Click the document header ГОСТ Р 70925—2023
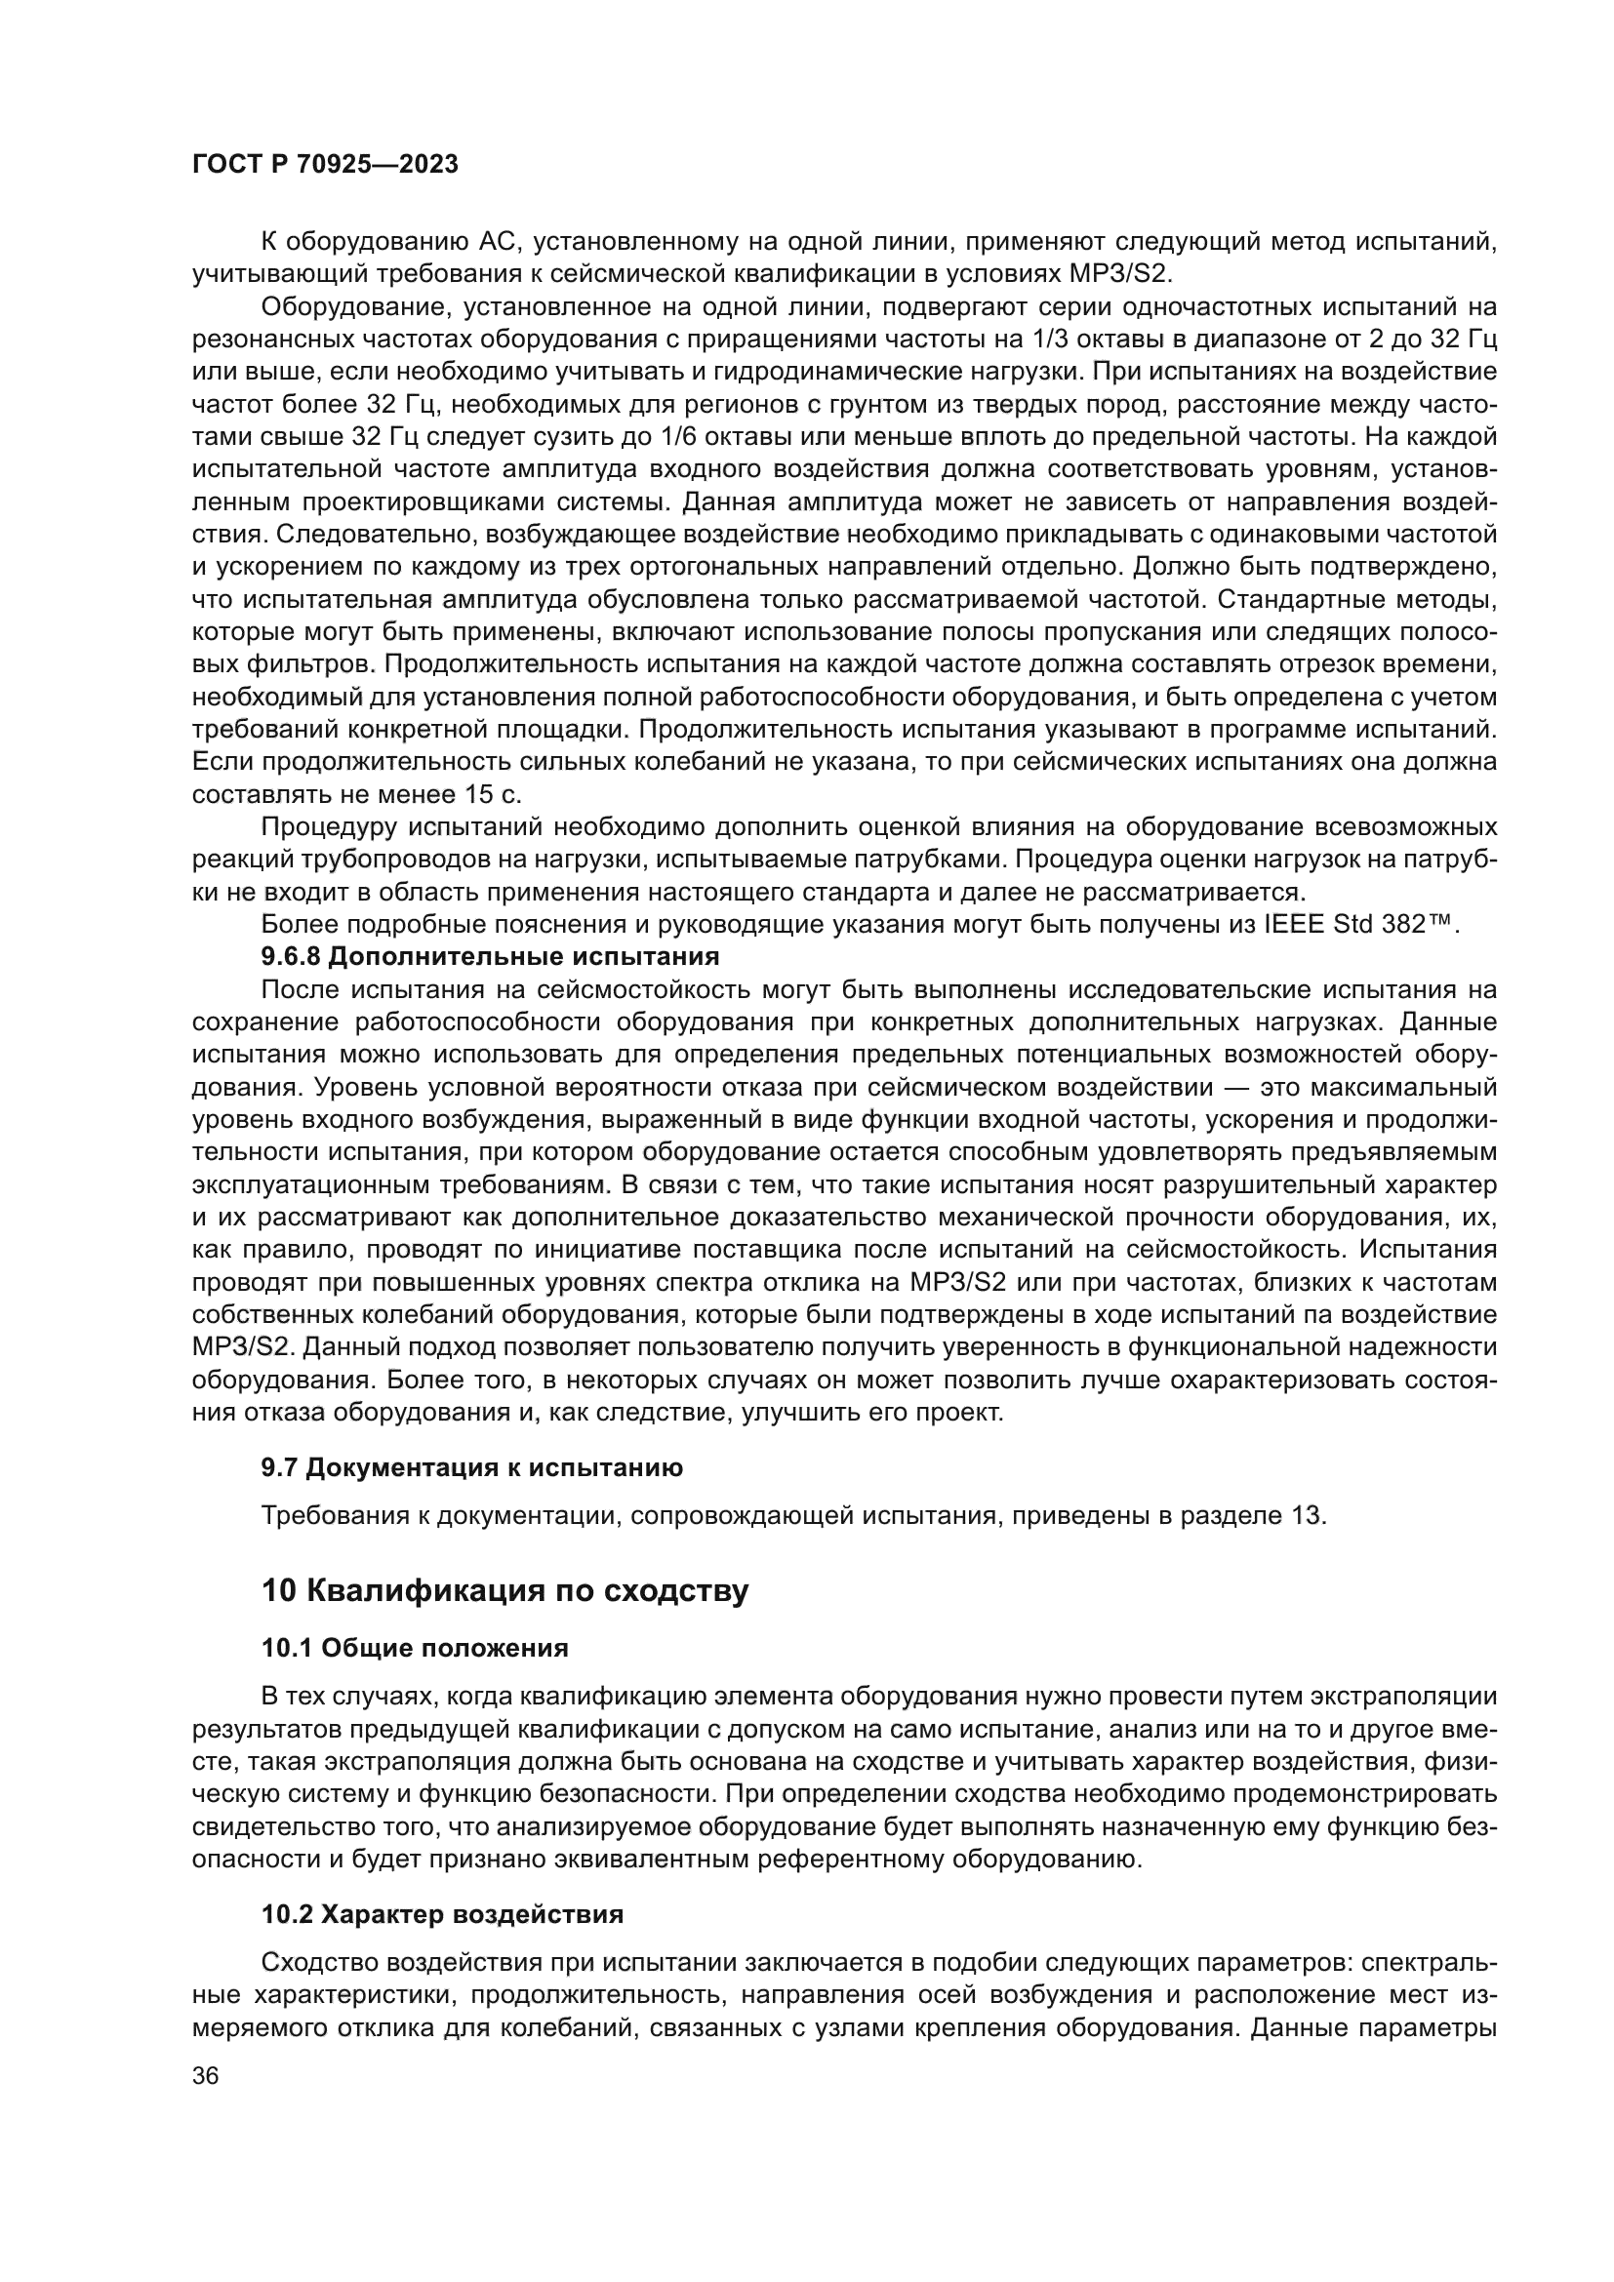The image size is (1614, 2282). pyautogui.click(x=325, y=165)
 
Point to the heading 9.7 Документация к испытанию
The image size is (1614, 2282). pyautogui.click(x=472, y=1467)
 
